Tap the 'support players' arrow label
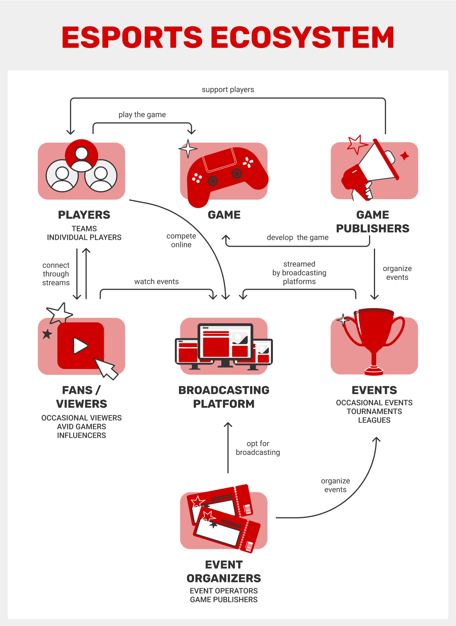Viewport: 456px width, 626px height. (x=228, y=90)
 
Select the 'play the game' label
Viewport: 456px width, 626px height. (x=142, y=115)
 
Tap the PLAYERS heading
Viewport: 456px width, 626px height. (x=84, y=215)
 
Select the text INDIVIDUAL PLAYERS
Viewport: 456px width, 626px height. (x=84, y=238)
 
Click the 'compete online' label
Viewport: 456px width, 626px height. (x=181, y=240)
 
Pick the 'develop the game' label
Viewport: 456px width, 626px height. (x=298, y=238)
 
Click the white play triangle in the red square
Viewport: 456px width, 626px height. (x=80, y=345)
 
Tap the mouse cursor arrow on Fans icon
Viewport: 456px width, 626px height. (x=106, y=368)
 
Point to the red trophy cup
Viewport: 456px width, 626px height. (x=374, y=334)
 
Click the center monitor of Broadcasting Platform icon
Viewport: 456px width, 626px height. (x=225, y=342)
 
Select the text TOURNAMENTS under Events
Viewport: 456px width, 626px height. (x=374, y=412)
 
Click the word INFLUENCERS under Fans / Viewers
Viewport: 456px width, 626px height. (x=81, y=436)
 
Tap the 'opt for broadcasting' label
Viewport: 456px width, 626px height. (x=258, y=448)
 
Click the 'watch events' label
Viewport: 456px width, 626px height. (x=156, y=282)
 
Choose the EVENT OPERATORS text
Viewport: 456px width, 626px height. (x=223, y=591)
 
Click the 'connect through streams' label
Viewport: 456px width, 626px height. (x=56, y=274)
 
